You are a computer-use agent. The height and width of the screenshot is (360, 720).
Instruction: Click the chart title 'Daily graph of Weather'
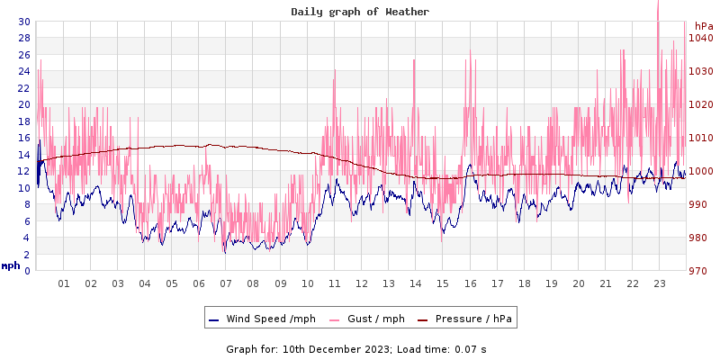point(360,12)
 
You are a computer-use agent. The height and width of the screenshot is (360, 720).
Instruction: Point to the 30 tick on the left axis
point(23,22)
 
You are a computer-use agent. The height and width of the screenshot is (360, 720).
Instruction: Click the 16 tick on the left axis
point(23,138)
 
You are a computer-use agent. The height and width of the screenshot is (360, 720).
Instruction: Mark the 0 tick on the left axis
point(27,271)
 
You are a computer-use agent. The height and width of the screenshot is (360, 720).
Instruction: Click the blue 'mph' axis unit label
point(11,265)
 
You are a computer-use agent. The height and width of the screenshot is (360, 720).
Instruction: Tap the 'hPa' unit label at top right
point(704,27)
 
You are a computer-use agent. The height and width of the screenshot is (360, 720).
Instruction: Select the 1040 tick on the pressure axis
point(701,38)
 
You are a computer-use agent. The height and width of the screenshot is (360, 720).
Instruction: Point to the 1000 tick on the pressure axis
point(701,171)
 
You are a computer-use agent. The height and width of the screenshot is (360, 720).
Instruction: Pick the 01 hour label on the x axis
point(64,283)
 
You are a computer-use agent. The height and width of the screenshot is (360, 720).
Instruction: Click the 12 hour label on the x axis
point(362,283)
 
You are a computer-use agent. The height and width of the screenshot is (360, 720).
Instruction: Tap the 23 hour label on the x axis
point(660,283)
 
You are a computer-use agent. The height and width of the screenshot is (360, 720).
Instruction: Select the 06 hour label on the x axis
point(199,283)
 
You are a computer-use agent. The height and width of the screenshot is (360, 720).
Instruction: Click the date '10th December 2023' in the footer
point(337,348)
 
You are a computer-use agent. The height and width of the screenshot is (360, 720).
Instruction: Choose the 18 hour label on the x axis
point(524,283)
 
